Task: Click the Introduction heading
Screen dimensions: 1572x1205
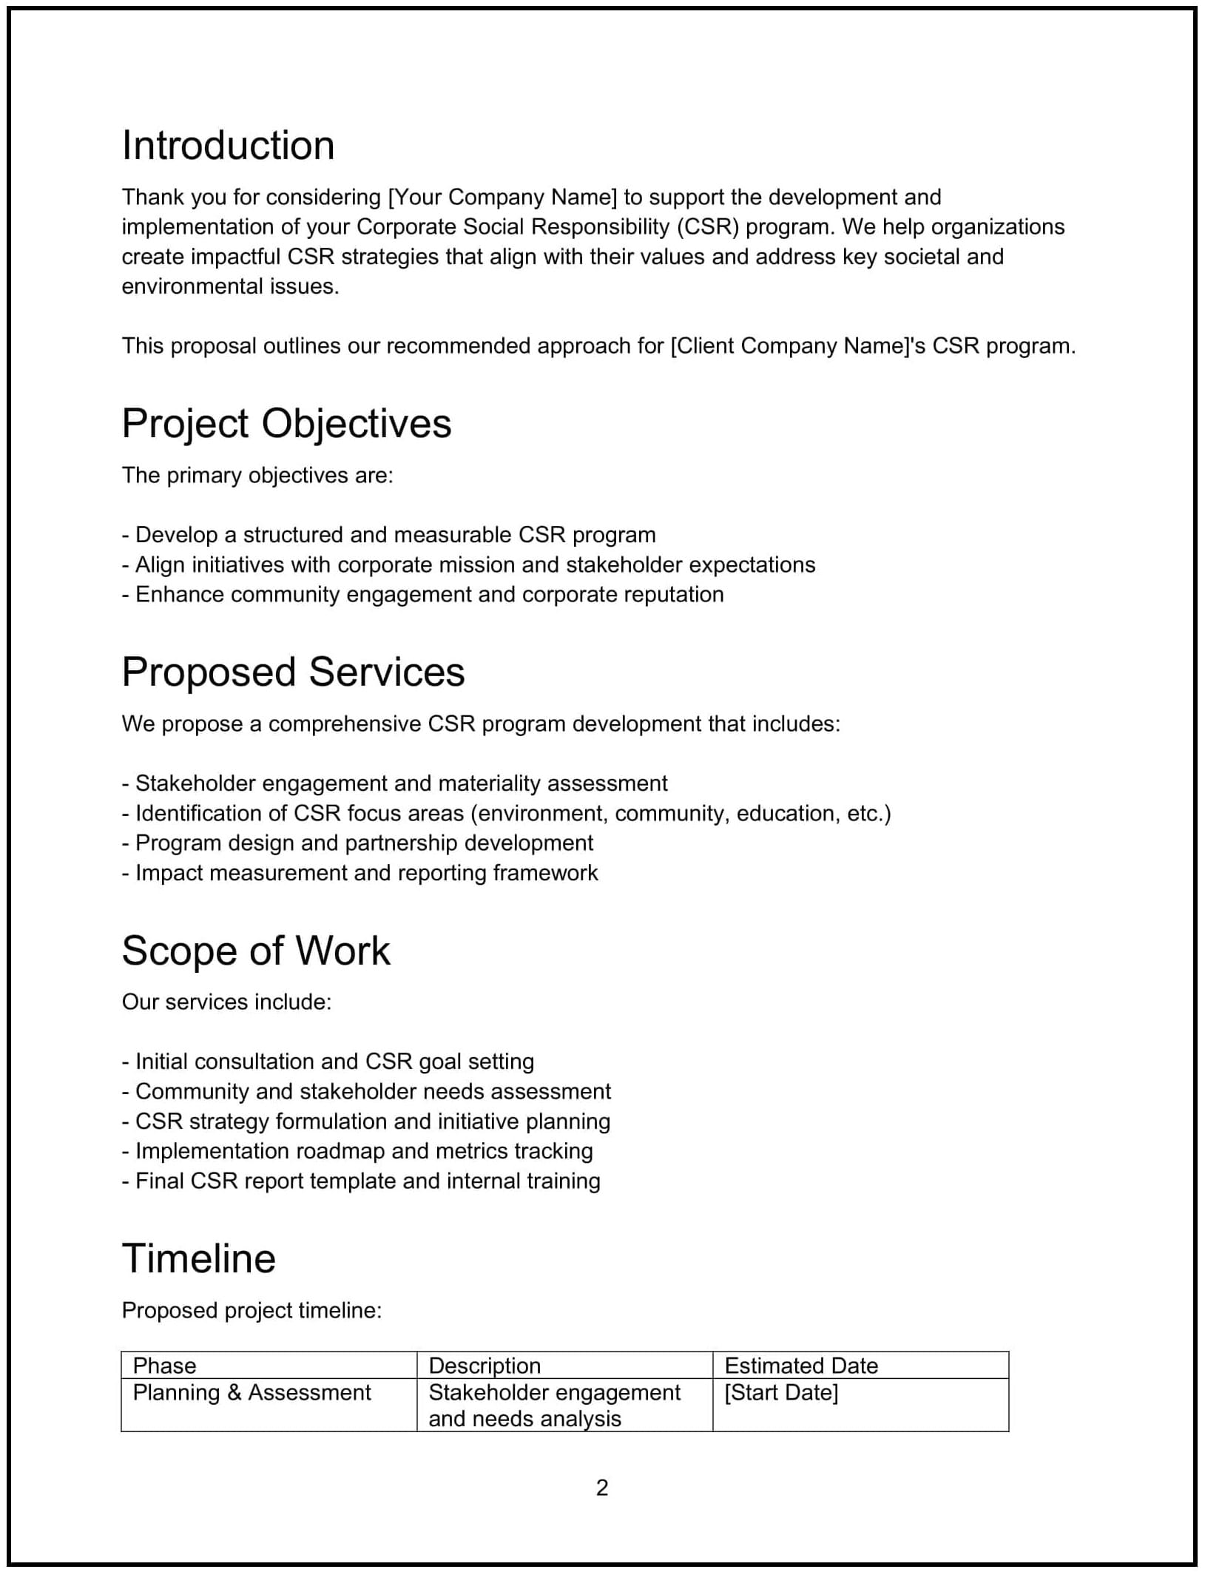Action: [228, 146]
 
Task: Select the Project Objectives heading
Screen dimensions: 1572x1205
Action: [286, 424]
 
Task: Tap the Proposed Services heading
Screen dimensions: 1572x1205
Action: [293, 672]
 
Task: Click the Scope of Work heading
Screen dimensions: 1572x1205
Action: [255, 951]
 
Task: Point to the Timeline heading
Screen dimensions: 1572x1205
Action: [198, 1258]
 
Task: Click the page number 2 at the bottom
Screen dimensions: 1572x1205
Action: [602, 1487]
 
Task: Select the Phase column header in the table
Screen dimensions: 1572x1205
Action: [164, 1366]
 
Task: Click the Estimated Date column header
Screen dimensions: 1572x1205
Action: [801, 1366]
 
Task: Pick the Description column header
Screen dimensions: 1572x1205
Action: [485, 1366]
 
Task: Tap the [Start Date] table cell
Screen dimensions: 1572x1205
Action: [781, 1393]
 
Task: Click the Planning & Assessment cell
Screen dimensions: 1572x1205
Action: [252, 1393]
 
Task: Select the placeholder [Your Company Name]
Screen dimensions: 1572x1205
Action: [502, 198]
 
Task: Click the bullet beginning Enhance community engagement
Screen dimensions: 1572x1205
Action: [422, 595]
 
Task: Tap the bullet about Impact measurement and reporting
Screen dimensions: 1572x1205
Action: [360, 873]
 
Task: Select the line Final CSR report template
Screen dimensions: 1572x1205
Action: [361, 1181]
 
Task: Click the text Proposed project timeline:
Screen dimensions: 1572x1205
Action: [252, 1311]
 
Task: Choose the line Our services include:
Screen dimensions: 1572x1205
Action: [226, 1002]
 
